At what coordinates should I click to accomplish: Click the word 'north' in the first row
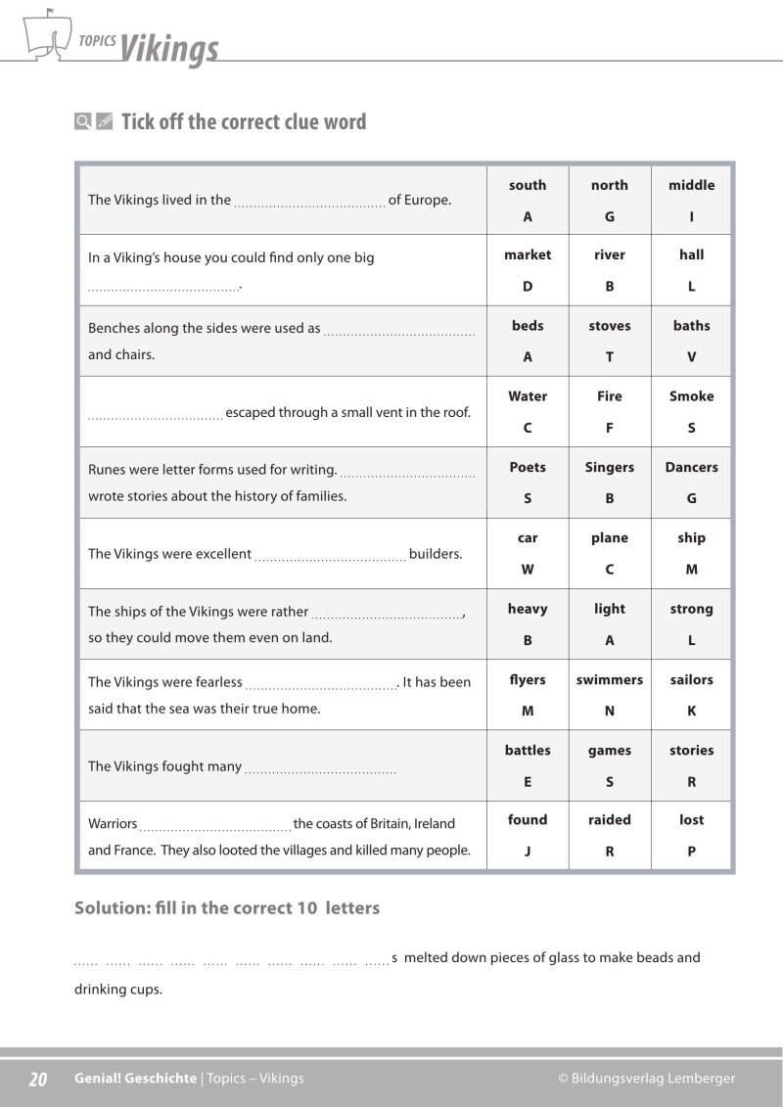pos(609,185)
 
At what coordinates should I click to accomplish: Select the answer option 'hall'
pos(691,254)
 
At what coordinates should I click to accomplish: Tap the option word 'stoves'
pos(609,326)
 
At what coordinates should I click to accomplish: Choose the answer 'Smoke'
pos(691,396)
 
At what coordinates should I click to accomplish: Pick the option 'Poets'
pos(528,467)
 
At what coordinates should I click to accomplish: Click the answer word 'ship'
pos(691,537)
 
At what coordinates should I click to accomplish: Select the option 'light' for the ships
pos(609,609)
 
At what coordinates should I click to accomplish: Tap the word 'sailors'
pos(691,679)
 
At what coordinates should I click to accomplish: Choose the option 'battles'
pos(528,751)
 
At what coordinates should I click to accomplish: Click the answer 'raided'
pos(609,819)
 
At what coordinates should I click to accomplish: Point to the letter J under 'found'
pos(528,852)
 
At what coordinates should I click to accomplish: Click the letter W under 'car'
pos(528,570)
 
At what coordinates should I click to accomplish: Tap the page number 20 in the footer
pos(38,1079)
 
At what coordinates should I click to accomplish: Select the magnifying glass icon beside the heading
pos(83,122)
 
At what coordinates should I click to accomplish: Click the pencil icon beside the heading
pos(105,122)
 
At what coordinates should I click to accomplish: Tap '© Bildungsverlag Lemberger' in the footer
pos(646,1079)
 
